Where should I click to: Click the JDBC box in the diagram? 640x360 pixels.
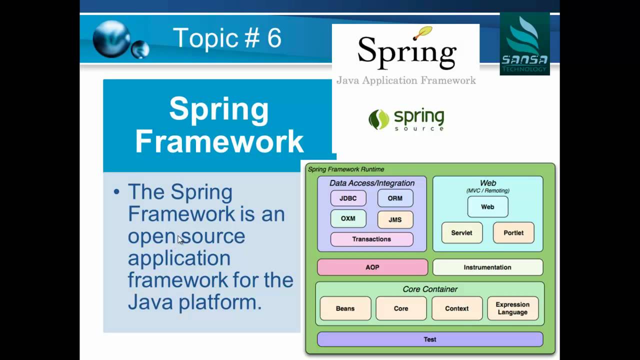pyautogui.click(x=348, y=198)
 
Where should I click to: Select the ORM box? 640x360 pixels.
pyautogui.click(x=395, y=198)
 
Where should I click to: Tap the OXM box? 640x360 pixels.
pyautogui.click(x=348, y=218)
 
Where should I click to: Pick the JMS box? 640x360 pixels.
pyautogui.click(x=395, y=219)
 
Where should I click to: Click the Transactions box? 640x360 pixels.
pyautogui.click(x=371, y=239)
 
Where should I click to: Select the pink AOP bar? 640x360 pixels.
pyautogui.click(x=372, y=267)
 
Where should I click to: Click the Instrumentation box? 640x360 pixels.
pyautogui.click(x=487, y=267)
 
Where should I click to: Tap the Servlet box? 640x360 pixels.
pyautogui.click(x=461, y=232)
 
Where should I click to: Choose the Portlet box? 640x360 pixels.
pyautogui.click(x=513, y=232)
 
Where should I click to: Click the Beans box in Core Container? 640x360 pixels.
pyautogui.click(x=345, y=308)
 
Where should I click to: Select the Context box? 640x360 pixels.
pyautogui.click(x=457, y=308)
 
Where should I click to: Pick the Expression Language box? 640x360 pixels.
pyautogui.click(x=512, y=308)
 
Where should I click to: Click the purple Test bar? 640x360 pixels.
pyautogui.click(x=430, y=339)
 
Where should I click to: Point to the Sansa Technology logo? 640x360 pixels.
pyautogui.click(x=524, y=44)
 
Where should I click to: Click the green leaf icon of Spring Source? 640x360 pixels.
pyautogui.click(x=378, y=119)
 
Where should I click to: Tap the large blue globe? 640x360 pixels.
pyautogui.click(x=111, y=38)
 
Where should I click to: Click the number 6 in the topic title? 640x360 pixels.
pyautogui.click(x=274, y=38)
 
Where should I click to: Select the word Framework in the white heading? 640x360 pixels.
pyautogui.click(x=219, y=141)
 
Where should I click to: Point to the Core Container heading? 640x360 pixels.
pyautogui.click(x=430, y=289)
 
